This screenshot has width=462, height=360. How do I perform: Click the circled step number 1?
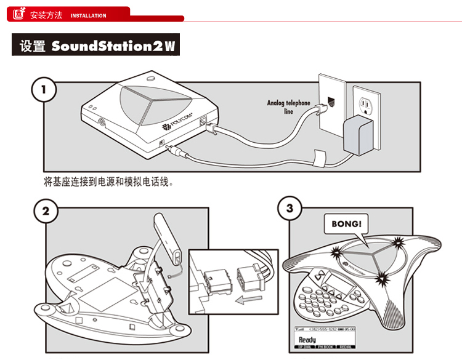coord(43,90)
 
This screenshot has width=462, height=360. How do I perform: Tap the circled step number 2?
coord(46,212)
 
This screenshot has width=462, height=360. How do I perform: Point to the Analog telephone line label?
coord(288,107)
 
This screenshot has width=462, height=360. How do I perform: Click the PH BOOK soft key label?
coord(326,348)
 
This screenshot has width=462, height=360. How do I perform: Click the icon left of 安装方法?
coord(19,14)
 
